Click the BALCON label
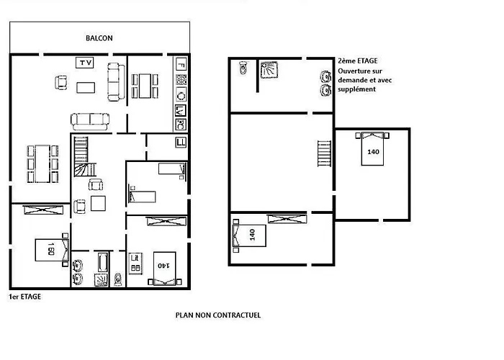tap(99, 38)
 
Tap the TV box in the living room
tap(85, 63)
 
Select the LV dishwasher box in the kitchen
tap(181, 111)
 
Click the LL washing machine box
tap(181, 143)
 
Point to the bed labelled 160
tap(52, 250)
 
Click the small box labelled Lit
tap(135, 264)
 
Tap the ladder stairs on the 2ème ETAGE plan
tap(324, 153)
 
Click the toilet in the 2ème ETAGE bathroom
tap(243, 68)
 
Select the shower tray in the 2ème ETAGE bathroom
tap(269, 70)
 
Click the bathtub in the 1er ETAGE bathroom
tap(103, 263)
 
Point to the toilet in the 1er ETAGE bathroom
tap(118, 279)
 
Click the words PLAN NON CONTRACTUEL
tap(218, 315)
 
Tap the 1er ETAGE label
tap(24, 297)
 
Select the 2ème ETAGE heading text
tap(358, 60)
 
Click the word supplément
tap(356, 89)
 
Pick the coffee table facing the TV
tap(86, 87)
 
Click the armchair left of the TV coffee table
tap(61, 82)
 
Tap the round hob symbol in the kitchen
tap(181, 96)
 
